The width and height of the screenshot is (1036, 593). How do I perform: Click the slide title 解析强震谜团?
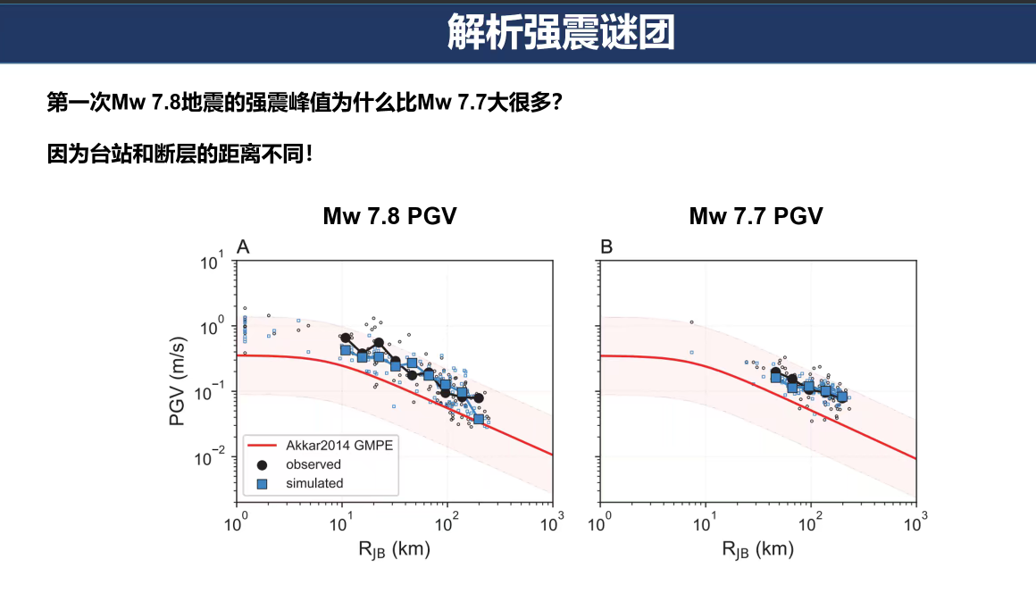point(561,31)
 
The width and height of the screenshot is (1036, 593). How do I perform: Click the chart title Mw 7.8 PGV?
point(389,216)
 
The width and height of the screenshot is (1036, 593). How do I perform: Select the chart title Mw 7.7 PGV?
point(756,216)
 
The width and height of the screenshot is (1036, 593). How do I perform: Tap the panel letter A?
point(243,247)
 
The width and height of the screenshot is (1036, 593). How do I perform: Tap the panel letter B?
point(606,247)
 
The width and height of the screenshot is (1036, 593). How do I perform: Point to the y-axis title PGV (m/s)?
point(177,381)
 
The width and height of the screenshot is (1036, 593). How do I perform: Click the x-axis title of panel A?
point(395,549)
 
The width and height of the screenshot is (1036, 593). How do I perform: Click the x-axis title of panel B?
point(758,549)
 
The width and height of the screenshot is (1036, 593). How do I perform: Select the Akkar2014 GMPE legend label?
point(339,446)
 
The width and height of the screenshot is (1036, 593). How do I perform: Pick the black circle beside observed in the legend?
point(262,465)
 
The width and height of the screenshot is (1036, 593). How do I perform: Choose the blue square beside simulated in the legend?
point(262,484)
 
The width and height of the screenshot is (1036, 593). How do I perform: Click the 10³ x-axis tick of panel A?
point(552,522)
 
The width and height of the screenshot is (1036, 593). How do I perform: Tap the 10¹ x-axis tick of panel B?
point(705,522)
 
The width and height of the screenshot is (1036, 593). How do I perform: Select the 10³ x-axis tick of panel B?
point(915,522)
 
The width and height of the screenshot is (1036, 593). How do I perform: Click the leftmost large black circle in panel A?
point(346,338)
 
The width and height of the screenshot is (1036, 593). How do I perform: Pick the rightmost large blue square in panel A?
point(479,419)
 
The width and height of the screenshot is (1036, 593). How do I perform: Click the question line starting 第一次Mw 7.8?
point(305,103)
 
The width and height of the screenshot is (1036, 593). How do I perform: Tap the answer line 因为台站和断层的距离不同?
point(179,154)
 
